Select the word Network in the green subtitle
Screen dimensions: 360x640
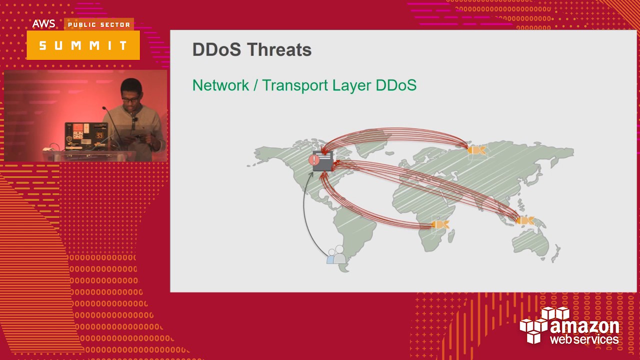click(x=220, y=85)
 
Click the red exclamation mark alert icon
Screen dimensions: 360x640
click(x=314, y=160)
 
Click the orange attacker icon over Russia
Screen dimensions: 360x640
click(x=475, y=149)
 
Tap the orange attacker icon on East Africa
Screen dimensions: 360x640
click(x=440, y=224)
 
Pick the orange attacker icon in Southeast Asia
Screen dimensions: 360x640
click(x=524, y=220)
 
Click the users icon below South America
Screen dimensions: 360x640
click(x=336, y=255)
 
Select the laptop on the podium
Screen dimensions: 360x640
click(x=86, y=136)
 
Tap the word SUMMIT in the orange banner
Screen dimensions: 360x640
click(x=83, y=45)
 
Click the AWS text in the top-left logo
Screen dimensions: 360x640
click(x=44, y=24)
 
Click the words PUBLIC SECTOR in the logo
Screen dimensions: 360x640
click(x=99, y=24)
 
